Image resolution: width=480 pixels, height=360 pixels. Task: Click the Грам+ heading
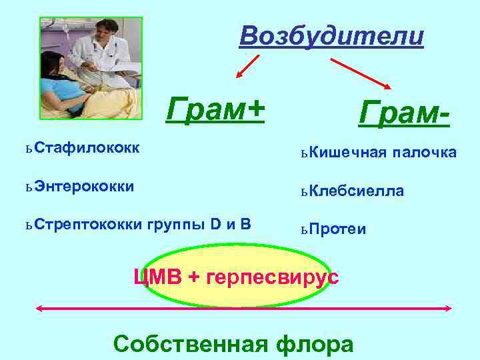(x=215, y=108)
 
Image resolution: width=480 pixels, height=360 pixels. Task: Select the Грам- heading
(x=404, y=114)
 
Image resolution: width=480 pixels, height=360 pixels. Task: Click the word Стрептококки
(x=85, y=223)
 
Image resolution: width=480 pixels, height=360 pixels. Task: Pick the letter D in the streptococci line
(x=215, y=223)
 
